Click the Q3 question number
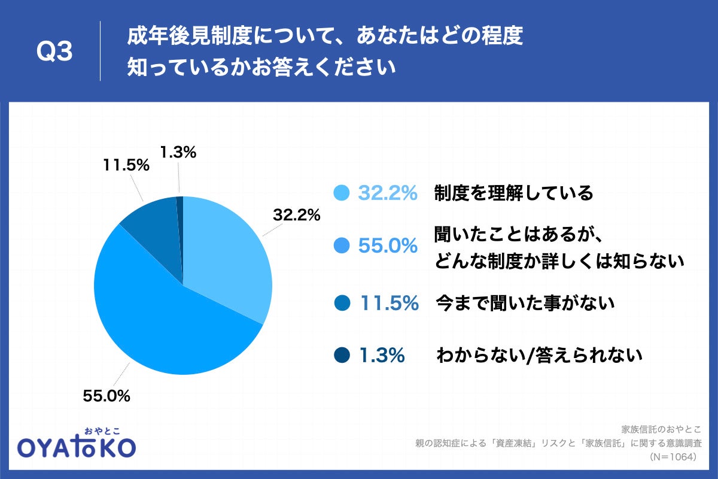pos(54,52)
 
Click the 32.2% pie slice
pos(227,251)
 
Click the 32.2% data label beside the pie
pos(297,215)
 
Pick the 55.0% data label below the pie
pos(107,395)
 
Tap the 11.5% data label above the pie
pos(125,166)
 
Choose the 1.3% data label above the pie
pos(178,153)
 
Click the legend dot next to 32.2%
pos(341,193)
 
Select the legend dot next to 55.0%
pos(341,245)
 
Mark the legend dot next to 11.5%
pos(341,304)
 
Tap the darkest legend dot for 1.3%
pos(341,356)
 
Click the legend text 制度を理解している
pos(513,193)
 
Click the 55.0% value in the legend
pos(388,245)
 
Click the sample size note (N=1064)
pos(673,456)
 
